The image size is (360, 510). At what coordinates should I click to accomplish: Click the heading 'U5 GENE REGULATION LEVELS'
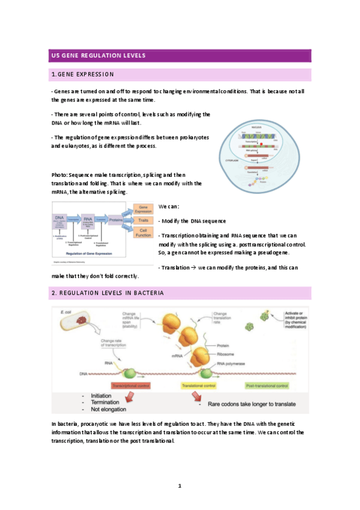click(100, 56)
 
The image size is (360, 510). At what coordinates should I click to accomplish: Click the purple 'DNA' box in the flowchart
click(60, 221)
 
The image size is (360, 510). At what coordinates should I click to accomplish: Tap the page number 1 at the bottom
click(179, 485)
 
